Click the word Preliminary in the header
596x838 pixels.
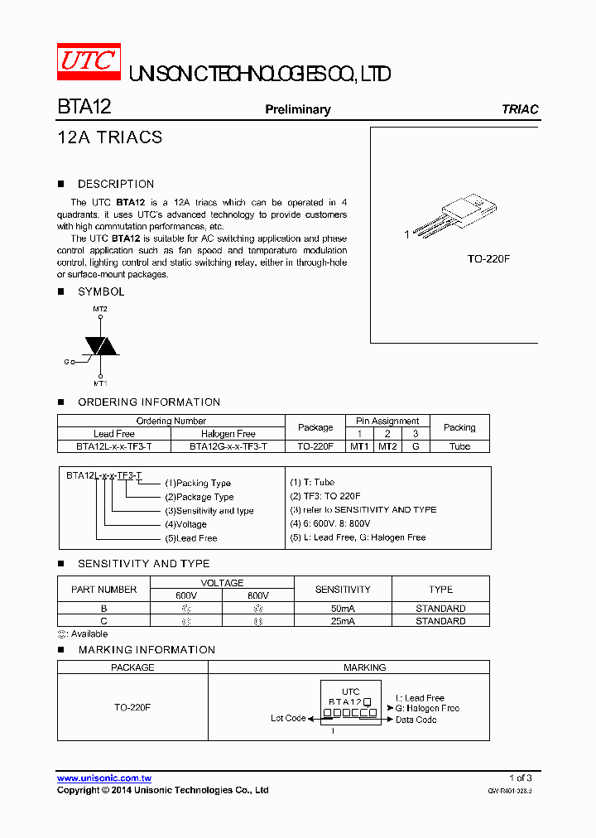point(297,109)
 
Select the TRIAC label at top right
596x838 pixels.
point(520,109)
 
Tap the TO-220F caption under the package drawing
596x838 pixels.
point(488,259)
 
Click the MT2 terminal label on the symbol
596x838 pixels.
point(100,309)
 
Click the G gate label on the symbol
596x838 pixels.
point(66,363)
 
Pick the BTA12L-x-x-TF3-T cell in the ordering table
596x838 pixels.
point(113,446)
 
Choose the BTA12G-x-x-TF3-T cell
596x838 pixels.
point(228,446)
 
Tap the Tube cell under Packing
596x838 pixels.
point(459,446)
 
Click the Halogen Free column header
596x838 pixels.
point(228,434)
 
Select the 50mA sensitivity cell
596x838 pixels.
point(343,609)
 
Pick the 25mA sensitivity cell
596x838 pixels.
point(343,621)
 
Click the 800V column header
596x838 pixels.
point(258,595)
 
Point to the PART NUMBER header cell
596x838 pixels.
point(104,590)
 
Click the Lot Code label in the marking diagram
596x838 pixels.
point(288,718)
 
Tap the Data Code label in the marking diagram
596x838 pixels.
point(416,720)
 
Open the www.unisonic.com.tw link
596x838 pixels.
point(103,778)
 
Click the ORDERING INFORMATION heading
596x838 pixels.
point(149,402)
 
